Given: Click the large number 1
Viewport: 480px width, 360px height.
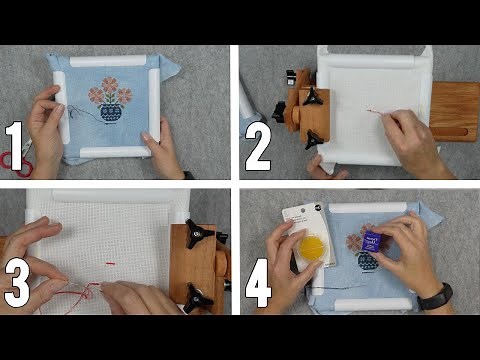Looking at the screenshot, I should pyautogui.click(x=16, y=145).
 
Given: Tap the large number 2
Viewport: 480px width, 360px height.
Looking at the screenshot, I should pyautogui.click(x=258, y=146).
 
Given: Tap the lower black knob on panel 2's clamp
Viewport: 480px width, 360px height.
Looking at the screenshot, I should pyautogui.click(x=313, y=140).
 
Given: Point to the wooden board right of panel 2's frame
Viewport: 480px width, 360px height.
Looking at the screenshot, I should pyautogui.click(x=455, y=109).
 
